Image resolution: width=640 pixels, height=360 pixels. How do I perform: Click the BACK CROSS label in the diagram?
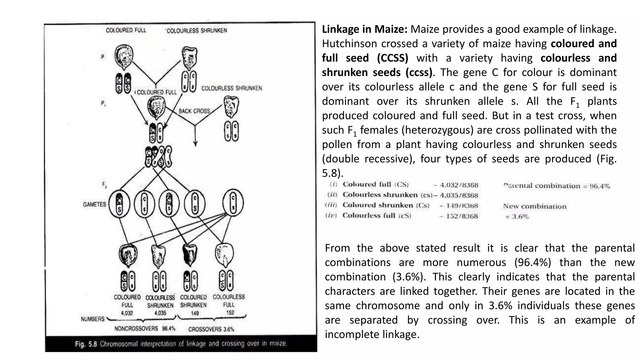tap(194, 111)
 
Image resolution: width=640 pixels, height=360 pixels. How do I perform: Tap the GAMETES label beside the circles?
tap(94, 204)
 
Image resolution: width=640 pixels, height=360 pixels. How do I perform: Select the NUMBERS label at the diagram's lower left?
tap(92, 319)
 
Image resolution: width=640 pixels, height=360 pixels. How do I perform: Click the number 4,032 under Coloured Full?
tap(127, 313)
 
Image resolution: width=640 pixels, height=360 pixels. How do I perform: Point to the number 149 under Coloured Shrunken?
tap(195, 313)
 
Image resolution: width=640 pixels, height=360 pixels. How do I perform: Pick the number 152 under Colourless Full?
tap(230, 312)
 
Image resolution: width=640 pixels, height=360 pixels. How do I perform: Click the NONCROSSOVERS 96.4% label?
tap(145, 329)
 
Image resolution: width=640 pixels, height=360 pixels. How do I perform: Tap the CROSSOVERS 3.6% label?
tap(211, 329)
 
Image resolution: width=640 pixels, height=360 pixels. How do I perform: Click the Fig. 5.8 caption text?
tap(181, 344)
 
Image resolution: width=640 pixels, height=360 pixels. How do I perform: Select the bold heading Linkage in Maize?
tap(364, 29)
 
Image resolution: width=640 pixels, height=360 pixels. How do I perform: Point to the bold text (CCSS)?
tap(392, 58)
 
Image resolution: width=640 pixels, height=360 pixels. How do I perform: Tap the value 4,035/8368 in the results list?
tap(459, 196)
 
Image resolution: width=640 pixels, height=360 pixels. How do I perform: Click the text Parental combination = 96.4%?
tap(556, 186)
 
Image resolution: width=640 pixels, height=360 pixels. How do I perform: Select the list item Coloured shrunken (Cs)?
tap(386, 205)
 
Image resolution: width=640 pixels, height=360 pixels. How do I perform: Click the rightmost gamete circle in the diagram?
tap(233, 203)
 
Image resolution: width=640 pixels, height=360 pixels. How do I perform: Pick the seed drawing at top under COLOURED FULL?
tap(124, 57)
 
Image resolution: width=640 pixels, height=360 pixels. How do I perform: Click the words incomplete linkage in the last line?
tap(372, 334)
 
